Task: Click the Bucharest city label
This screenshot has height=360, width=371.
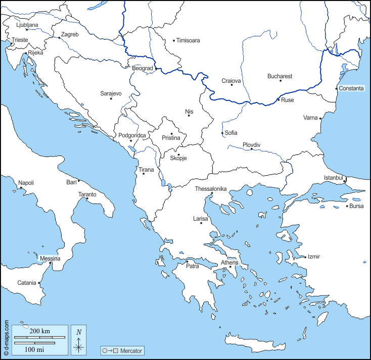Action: click(280, 76)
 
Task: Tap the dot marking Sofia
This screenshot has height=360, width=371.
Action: click(222, 133)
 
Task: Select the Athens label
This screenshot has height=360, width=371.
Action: click(229, 262)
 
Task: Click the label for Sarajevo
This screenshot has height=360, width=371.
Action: click(111, 93)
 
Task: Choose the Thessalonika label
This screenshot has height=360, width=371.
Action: click(211, 189)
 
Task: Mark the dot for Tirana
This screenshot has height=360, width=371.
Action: click(144, 174)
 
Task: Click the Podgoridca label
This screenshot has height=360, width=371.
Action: click(132, 135)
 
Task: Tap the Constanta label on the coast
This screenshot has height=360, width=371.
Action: click(351, 88)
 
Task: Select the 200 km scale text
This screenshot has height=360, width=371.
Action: click(39, 331)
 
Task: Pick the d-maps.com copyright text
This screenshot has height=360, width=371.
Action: click(6, 338)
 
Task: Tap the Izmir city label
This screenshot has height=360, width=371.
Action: click(313, 256)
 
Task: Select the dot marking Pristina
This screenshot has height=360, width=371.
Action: click(171, 133)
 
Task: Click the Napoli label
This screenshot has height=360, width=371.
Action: click(26, 183)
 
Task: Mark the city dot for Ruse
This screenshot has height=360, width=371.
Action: click(278, 100)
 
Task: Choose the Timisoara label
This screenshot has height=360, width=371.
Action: click(189, 40)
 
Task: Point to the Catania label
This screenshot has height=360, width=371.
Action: click(27, 283)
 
